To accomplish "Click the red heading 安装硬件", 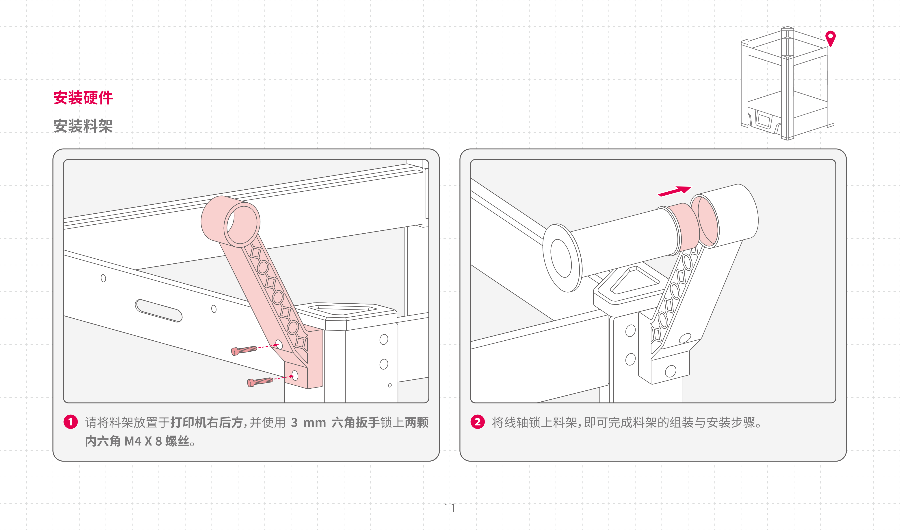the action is (83, 98).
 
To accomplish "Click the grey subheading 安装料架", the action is (83, 126).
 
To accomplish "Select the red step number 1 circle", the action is (71, 422).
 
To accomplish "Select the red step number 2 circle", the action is (478, 422).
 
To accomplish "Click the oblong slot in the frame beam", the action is (159, 310).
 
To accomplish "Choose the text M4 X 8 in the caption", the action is (143, 441).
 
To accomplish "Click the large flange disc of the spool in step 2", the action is (562, 258).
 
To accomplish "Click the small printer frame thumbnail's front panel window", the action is (764, 120).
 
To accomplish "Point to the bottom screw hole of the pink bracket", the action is (295, 375).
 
